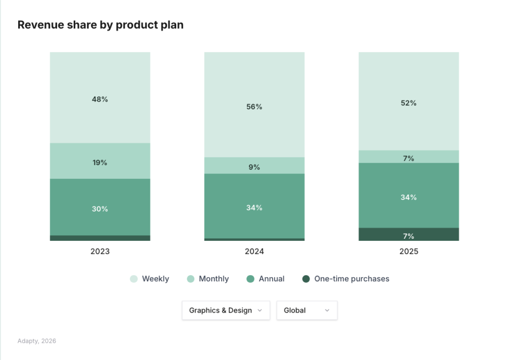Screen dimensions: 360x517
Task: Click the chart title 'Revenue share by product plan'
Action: (x=100, y=25)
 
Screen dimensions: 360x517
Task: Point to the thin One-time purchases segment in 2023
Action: (x=100, y=238)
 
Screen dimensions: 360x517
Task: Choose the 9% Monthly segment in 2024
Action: (x=254, y=166)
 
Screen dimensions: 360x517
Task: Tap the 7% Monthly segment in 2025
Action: (x=408, y=157)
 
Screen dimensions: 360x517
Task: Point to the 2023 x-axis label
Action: (x=100, y=251)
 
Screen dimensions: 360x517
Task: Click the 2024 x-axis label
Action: (x=254, y=251)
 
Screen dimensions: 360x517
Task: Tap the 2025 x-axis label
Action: (x=408, y=251)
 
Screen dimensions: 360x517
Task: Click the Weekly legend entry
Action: (x=150, y=279)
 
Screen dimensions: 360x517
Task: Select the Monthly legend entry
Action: (x=208, y=279)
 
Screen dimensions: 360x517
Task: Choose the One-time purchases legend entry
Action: (x=346, y=279)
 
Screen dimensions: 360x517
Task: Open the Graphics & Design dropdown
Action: (x=225, y=311)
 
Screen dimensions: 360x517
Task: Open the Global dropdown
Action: (x=306, y=311)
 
